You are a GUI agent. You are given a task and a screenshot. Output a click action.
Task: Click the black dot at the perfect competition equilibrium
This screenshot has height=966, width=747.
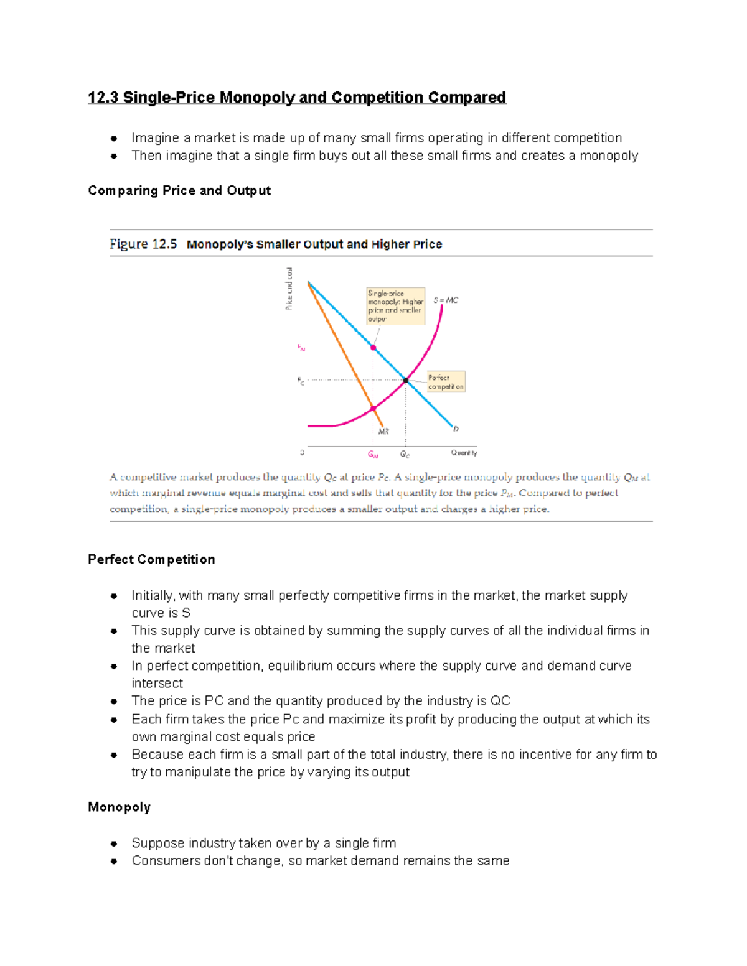[406, 380]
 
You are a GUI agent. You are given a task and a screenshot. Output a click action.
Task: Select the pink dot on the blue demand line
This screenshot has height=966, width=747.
[374, 348]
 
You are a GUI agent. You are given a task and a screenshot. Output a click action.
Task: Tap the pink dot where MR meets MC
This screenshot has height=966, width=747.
[374, 408]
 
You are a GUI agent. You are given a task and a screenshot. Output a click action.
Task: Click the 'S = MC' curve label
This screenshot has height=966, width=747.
[446, 300]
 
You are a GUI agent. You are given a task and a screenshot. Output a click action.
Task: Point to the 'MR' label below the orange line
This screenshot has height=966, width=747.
[383, 431]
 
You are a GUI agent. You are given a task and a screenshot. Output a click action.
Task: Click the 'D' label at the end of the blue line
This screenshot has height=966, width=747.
[456, 429]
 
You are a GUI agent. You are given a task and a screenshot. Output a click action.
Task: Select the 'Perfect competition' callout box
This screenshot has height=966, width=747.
[446, 382]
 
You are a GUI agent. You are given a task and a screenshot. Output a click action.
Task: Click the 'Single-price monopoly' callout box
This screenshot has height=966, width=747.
[395, 306]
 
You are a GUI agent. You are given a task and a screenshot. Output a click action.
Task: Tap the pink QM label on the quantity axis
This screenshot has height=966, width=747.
[373, 455]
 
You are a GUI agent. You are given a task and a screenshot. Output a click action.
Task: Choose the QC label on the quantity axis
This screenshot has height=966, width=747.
[405, 455]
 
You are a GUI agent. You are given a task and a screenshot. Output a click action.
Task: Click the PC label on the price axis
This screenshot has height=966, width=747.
[301, 381]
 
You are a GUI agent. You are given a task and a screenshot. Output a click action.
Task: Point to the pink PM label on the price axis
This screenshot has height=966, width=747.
[301, 348]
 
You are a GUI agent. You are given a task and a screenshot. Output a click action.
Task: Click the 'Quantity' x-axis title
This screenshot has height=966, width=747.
[464, 453]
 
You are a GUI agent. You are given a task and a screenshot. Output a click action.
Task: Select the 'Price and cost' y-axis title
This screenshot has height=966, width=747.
[289, 289]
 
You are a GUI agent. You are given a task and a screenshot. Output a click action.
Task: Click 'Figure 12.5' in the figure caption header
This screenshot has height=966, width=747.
[143, 244]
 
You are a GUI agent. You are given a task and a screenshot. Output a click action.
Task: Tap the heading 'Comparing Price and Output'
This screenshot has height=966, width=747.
[179, 191]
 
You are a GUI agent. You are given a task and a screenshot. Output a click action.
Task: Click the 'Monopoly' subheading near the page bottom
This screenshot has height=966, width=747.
[119, 807]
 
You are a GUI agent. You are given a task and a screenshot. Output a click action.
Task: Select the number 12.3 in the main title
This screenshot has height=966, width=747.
[103, 98]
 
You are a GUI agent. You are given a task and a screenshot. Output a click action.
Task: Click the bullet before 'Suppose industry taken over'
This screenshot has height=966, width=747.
[114, 844]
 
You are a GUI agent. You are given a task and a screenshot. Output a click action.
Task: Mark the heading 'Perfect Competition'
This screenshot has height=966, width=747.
[151, 560]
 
